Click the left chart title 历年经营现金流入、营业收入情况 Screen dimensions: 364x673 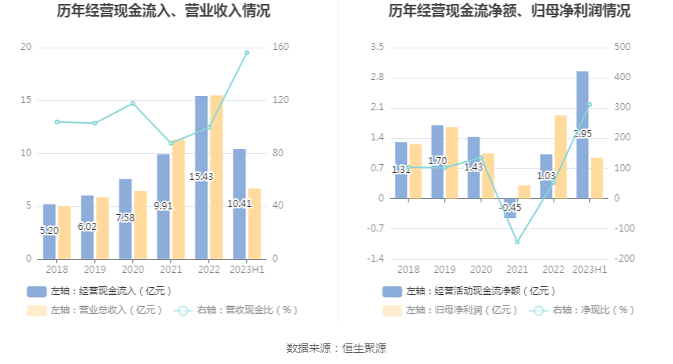coord(163,11)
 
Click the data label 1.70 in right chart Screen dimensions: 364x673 coord(437,161)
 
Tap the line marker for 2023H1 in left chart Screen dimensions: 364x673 coord(247,53)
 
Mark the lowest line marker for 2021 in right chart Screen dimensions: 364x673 coord(517,242)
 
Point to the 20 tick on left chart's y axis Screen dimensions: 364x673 coord(26,48)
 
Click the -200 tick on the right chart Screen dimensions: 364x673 coord(625,259)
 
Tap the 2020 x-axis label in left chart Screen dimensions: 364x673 coord(132,270)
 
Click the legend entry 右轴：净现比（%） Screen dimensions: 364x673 coord(585,310)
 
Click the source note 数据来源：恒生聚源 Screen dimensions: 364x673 coord(336,347)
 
